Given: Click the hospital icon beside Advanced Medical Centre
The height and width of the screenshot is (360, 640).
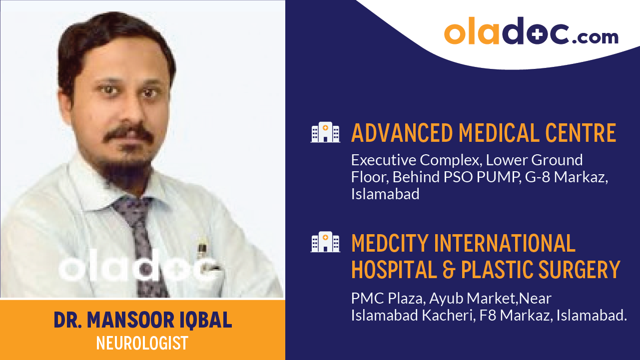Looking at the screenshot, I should click(325, 132).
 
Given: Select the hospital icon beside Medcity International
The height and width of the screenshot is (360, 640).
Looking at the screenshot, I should click(325, 242).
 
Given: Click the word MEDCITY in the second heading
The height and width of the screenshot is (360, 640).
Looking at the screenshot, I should click(390, 243).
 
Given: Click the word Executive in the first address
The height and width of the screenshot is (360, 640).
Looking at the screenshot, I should click(383, 160).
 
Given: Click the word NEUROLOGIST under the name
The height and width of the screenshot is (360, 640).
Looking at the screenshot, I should click(142, 344).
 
